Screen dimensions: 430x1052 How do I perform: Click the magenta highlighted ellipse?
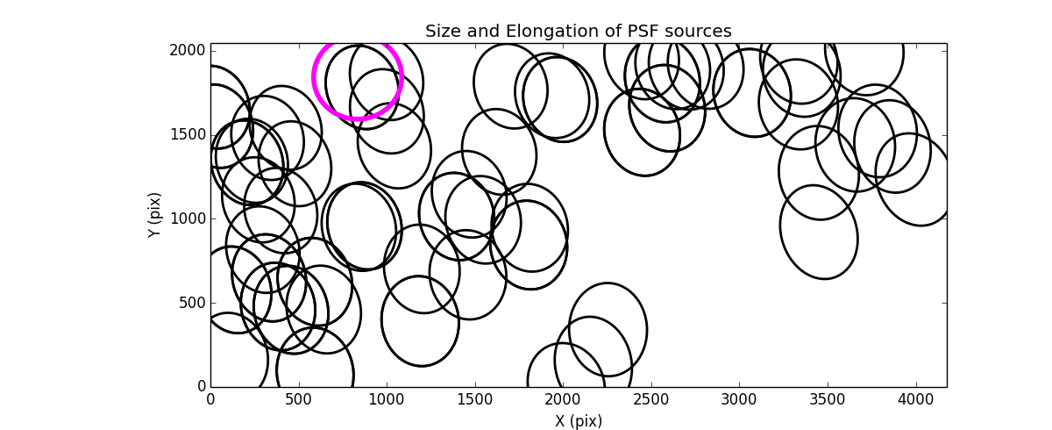click(x=358, y=77)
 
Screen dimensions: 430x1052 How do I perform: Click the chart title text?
click(x=578, y=32)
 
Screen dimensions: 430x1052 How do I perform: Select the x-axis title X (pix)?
click(x=578, y=421)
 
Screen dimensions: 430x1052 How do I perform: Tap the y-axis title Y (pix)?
click(x=154, y=215)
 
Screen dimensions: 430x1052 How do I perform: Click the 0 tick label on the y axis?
click(x=201, y=387)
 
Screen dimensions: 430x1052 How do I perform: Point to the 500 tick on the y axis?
click(x=193, y=303)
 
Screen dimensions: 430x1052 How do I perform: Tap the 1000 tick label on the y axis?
click(x=188, y=219)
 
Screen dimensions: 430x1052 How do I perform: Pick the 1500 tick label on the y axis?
click(x=188, y=134)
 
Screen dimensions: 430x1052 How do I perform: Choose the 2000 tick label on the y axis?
click(x=188, y=51)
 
